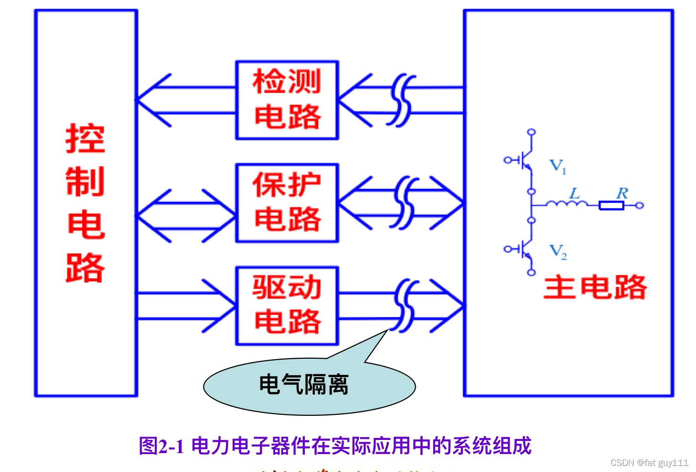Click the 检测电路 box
tap(287, 100)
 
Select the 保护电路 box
tap(287, 203)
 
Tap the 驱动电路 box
tap(287, 306)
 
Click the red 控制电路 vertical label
tap(85, 203)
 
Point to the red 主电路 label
tap(595, 287)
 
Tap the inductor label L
tap(574, 193)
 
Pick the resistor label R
tap(622, 193)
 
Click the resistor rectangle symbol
tap(612, 205)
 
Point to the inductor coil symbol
tap(567, 204)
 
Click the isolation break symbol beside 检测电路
tap(401, 100)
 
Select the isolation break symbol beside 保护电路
tap(404, 203)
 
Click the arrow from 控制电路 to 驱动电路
tap(186, 306)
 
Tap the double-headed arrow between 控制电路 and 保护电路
tap(186, 216)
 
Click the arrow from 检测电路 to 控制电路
tap(186, 100)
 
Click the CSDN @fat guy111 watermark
tap(649, 463)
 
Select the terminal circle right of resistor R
tap(639, 205)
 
